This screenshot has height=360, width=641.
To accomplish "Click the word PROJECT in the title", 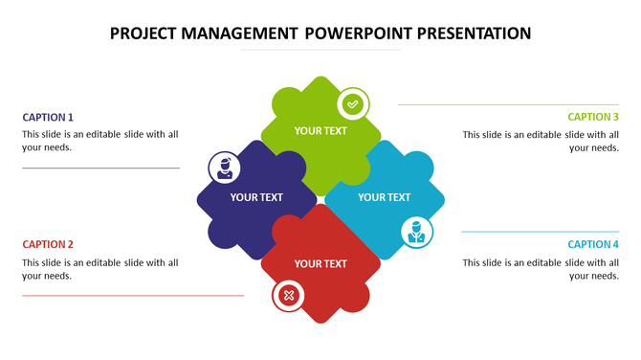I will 143,34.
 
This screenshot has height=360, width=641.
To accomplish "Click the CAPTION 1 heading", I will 48,117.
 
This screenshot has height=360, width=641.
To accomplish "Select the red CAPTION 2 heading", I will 48,244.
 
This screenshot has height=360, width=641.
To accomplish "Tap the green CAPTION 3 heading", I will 593,117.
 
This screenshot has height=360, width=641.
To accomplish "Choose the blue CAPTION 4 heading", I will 593,244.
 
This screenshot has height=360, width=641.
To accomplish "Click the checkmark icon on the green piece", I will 353,103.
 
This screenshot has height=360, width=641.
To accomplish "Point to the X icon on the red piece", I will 288,296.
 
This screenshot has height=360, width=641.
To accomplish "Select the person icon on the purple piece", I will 225,168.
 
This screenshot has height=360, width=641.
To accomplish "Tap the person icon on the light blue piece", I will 416,231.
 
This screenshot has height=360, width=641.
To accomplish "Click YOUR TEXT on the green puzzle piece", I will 320,130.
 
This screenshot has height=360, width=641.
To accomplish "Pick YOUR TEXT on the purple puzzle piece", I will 256,197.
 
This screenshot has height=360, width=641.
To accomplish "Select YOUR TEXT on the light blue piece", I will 384,197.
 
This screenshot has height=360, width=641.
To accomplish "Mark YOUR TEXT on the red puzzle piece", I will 320,263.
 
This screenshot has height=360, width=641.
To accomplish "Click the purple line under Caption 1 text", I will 100,169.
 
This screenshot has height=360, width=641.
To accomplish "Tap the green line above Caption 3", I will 508,104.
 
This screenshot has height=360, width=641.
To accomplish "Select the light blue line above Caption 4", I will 540,232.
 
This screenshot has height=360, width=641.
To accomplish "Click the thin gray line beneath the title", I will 320,50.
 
